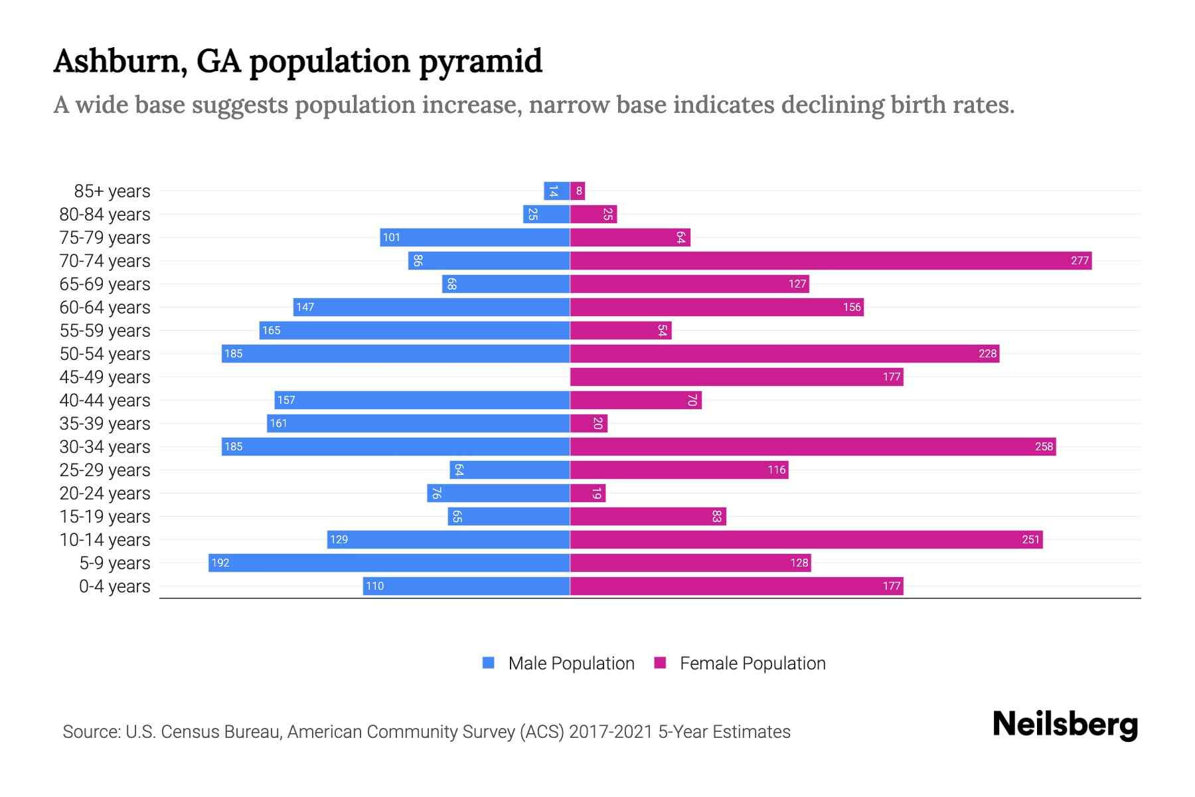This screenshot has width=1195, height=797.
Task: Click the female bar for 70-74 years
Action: click(831, 260)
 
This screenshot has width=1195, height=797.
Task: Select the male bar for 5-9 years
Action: click(389, 563)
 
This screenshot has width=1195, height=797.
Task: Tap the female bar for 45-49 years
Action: click(736, 377)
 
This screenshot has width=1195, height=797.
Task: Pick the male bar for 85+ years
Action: click(556, 191)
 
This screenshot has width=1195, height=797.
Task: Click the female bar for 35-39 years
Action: click(588, 423)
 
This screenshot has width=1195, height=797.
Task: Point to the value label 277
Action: click(1079, 260)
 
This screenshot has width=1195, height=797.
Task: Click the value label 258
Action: click(1044, 446)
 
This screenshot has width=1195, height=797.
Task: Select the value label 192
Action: click(220, 563)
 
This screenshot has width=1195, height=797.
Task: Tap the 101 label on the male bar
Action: click(391, 237)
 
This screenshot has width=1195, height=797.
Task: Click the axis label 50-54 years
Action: click(105, 353)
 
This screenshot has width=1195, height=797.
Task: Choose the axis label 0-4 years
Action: click(114, 586)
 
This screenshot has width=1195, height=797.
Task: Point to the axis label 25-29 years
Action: click(105, 470)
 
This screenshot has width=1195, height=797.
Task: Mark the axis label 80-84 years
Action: click(105, 214)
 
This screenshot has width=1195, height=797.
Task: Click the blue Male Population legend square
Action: click(489, 663)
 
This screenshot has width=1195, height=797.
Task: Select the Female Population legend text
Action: click(752, 663)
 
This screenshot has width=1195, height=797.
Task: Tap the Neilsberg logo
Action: click(1065, 725)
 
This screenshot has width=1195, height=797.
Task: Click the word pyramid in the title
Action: click(481, 61)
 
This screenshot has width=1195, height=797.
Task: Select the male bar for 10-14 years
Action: click(448, 539)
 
